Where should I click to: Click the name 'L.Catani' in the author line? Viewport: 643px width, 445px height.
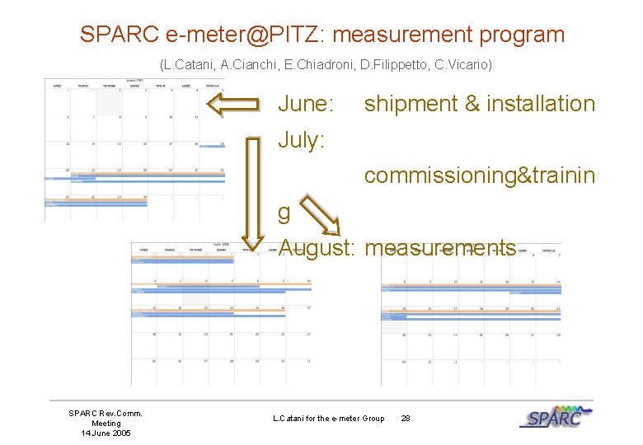pos(188,63)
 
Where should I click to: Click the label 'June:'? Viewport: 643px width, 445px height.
pos(306,104)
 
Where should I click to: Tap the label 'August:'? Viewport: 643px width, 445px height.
pos(317,247)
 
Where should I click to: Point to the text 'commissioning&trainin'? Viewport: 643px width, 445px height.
pos(480,176)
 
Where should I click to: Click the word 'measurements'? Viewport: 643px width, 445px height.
pos(440,247)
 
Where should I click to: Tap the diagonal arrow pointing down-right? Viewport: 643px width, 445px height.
pos(319,215)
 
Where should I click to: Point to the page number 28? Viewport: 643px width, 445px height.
pos(406,419)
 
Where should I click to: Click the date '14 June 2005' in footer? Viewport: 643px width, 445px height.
pos(106,433)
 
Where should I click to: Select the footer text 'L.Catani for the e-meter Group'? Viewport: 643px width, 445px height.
pos(328,419)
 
